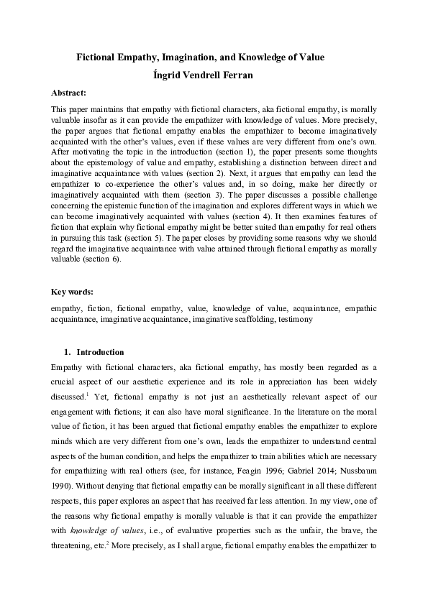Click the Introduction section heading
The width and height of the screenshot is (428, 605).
coord(100,352)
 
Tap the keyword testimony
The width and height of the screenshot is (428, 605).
coord(296,318)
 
